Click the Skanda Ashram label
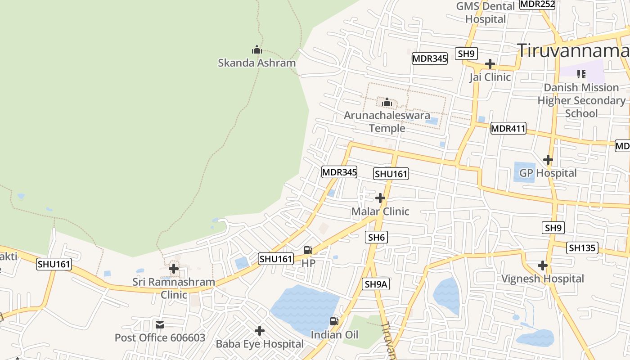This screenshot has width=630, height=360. [x=256, y=63]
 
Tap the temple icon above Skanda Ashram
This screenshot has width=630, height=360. [x=257, y=49]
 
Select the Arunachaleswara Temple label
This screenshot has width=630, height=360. [x=387, y=122]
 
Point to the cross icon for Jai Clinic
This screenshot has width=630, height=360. [x=490, y=64]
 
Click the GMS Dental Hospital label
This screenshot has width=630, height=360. [x=486, y=13]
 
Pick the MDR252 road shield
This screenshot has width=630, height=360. [x=537, y=4]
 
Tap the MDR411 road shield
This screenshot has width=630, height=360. [x=508, y=129]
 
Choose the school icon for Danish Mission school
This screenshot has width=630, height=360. [x=581, y=74]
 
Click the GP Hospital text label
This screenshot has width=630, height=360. [x=548, y=173]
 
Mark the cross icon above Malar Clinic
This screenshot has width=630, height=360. [x=380, y=198]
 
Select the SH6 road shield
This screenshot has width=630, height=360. [x=377, y=237]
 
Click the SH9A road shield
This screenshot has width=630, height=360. [x=376, y=284]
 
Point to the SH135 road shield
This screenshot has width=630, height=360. [x=582, y=248]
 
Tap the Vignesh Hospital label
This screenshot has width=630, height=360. [x=543, y=279]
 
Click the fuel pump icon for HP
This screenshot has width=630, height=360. [x=308, y=250]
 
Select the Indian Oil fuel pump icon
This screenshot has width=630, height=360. [x=334, y=321]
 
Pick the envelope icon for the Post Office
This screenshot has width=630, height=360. [x=160, y=325]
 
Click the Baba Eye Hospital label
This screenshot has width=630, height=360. [x=260, y=344]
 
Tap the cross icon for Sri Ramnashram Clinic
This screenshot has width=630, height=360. [x=174, y=269]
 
